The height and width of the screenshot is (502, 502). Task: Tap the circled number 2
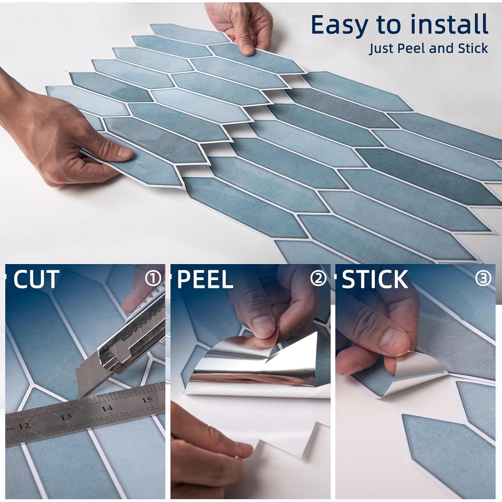[x=318, y=278]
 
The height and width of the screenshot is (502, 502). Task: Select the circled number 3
[x=483, y=278]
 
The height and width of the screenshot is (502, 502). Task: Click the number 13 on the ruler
[x=66, y=417]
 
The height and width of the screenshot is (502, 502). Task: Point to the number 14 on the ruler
[x=107, y=408]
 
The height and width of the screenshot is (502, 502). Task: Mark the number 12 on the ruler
[x=24, y=426]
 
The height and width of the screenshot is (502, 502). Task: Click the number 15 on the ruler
[x=147, y=400]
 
